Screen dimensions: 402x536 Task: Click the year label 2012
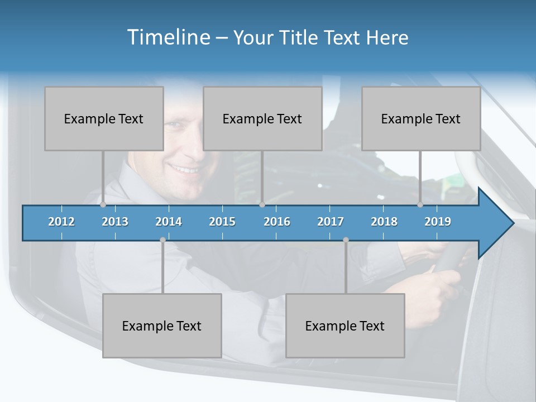point(61,222)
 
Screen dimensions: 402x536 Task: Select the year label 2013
point(115,222)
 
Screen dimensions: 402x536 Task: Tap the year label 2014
point(169,222)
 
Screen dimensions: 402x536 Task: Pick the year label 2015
point(222,222)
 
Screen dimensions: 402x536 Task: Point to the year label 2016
point(277,222)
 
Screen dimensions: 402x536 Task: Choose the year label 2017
point(331,222)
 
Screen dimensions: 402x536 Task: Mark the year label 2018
point(384,222)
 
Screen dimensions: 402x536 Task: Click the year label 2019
point(438,222)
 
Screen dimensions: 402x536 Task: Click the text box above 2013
point(104,118)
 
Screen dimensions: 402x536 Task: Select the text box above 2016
point(262,118)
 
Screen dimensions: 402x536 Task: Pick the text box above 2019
point(421,118)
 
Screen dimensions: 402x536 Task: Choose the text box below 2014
point(162,326)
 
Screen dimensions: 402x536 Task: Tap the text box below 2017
point(345,326)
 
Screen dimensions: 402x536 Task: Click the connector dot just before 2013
point(103,205)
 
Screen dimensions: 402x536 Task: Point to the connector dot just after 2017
point(346,240)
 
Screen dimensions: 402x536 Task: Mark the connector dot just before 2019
point(420,205)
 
